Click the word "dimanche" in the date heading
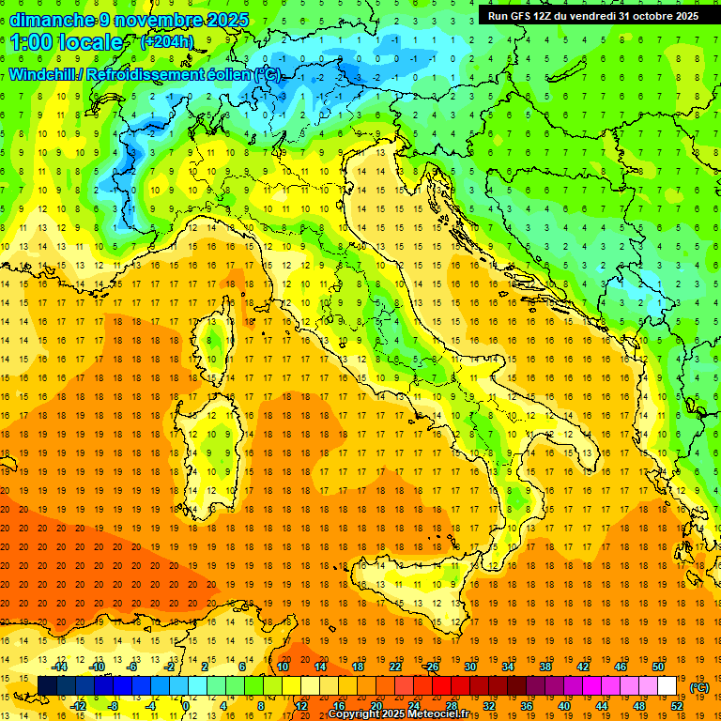click(x=48, y=20)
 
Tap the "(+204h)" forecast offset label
click(x=166, y=42)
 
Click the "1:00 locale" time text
click(x=67, y=42)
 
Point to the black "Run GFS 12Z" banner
click(x=593, y=16)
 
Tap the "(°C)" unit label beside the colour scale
click(x=699, y=687)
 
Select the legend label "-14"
click(x=60, y=667)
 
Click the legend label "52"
click(x=677, y=706)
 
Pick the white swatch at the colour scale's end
click(x=667, y=686)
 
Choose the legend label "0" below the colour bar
click(x=186, y=706)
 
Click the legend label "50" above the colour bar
click(x=658, y=667)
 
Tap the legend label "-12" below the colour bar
click(x=79, y=706)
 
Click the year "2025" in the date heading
click(x=227, y=20)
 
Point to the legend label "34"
click(x=507, y=667)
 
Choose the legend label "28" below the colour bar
click(x=451, y=706)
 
